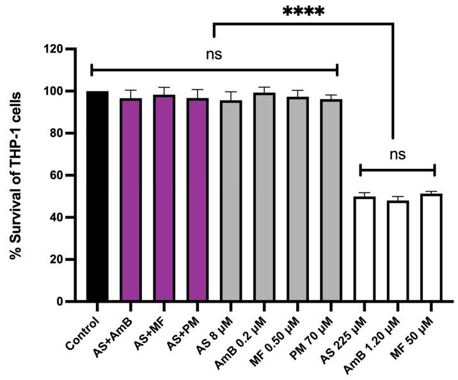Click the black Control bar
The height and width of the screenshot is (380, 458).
pyautogui.click(x=97, y=196)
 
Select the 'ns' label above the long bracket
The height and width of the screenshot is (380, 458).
pyautogui.click(x=214, y=54)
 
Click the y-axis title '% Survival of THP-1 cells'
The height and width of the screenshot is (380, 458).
pyautogui.click(x=17, y=175)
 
